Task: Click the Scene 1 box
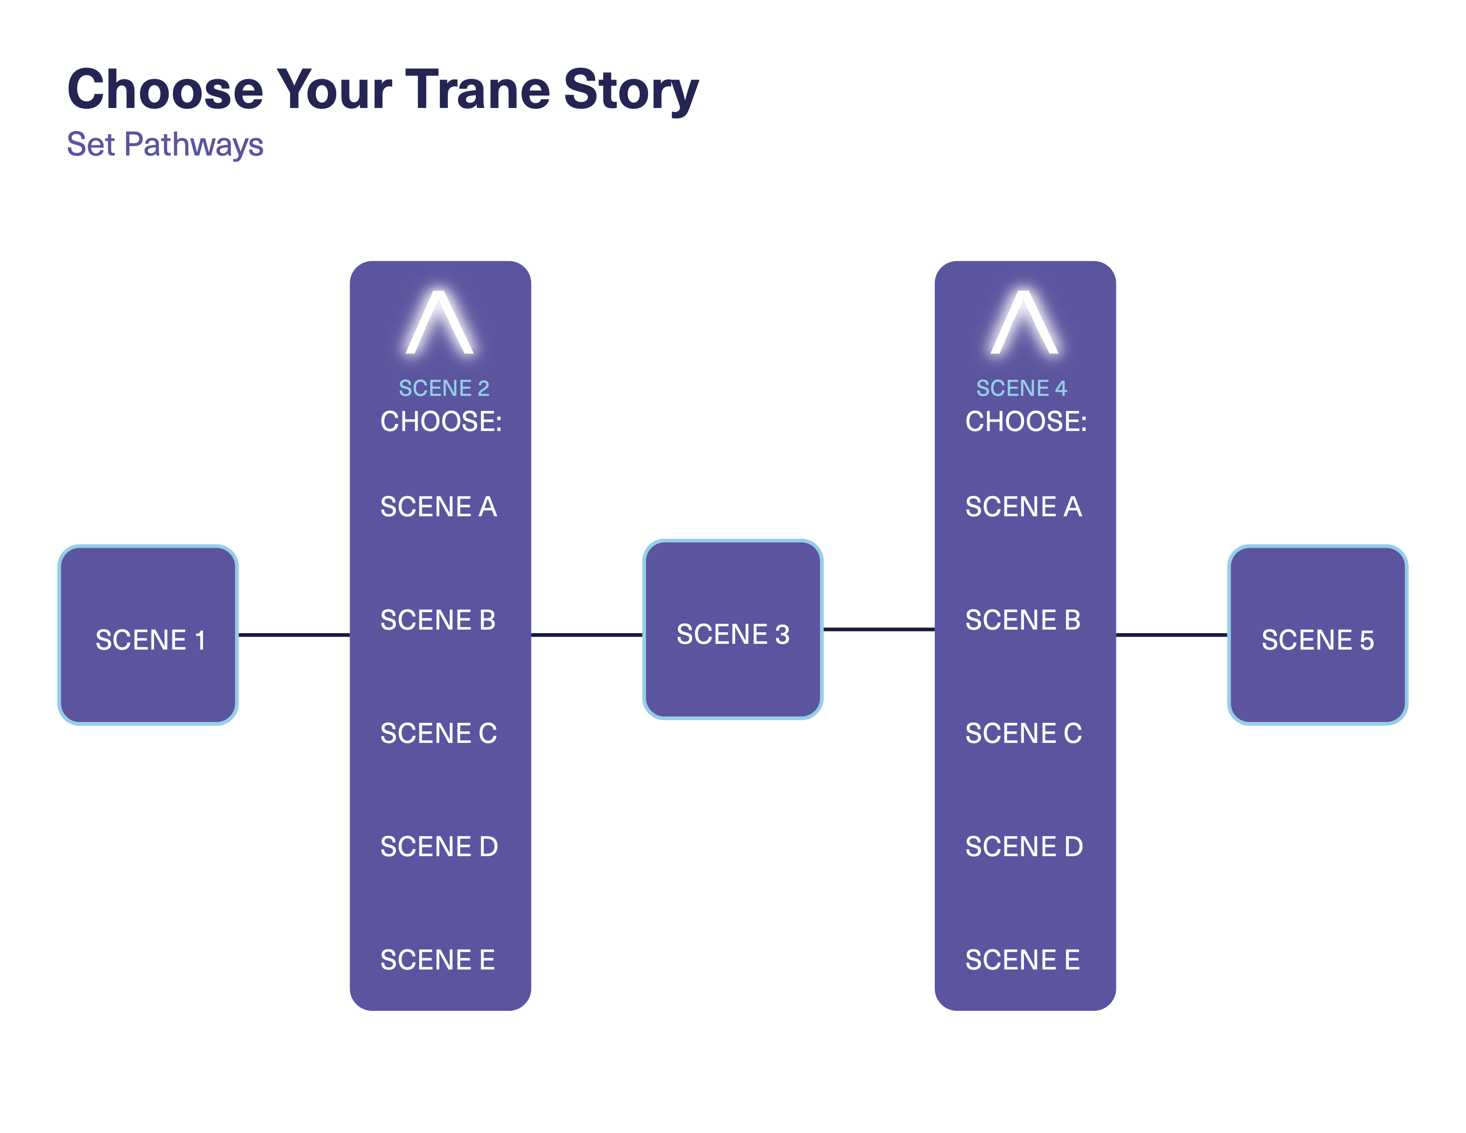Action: click(148, 635)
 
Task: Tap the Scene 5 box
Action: click(1318, 635)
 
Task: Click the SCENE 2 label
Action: click(444, 388)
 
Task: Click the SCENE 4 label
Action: click(1021, 388)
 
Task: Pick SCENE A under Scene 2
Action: click(438, 507)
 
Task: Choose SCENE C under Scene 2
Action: click(438, 733)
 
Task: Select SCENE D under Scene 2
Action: click(439, 846)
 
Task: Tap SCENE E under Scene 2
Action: click(438, 960)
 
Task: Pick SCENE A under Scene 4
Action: click(1024, 507)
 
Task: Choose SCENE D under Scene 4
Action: click(1024, 846)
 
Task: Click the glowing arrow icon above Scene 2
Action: click(440, 322)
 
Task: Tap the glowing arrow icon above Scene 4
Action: click(1024, 322)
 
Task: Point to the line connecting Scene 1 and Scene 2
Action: click(294, 634)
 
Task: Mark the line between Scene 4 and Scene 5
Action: click(1172, 634)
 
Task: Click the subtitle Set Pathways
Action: click(165, 144)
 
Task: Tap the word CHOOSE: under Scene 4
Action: click(1026, 422)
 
